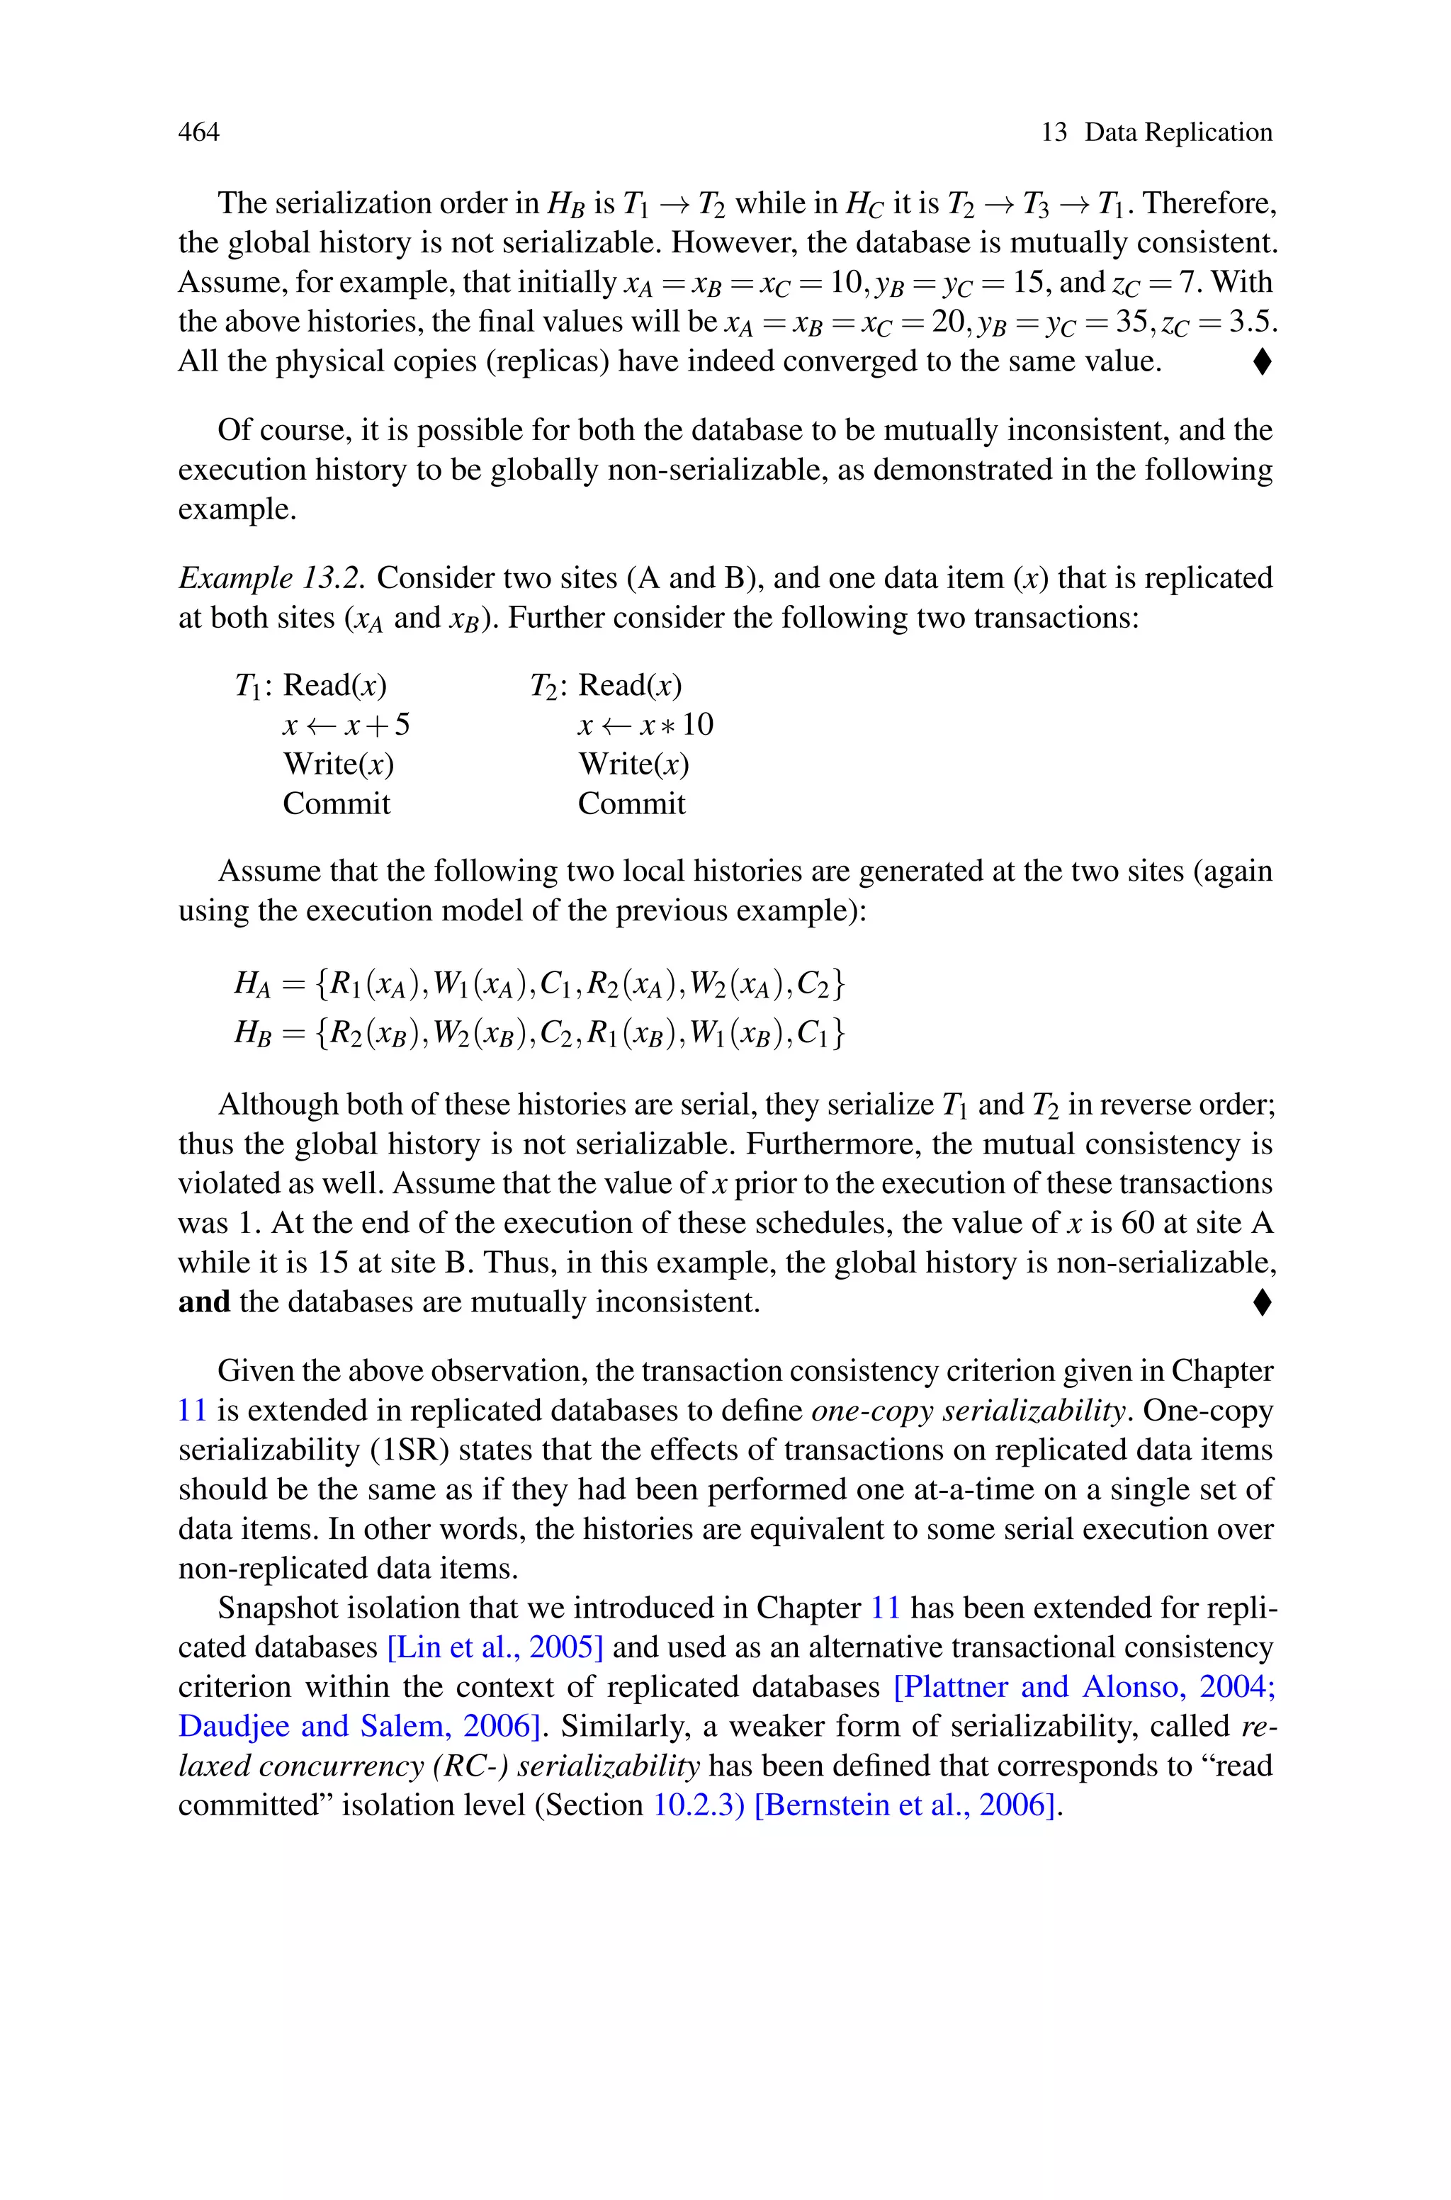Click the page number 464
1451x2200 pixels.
point(199,132)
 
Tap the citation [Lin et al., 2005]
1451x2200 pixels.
point(495,1647)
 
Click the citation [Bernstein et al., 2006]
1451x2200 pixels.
point(906,1805)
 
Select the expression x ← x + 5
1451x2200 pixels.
point(346,724)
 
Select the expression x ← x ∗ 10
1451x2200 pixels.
point(645,724)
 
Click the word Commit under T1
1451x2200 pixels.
point(336,803)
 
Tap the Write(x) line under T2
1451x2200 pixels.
point(633,765)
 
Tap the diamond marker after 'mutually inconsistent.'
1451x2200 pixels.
point(1261,1302)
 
